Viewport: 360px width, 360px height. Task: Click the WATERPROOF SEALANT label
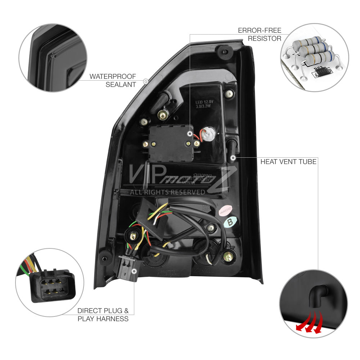click(113, 81)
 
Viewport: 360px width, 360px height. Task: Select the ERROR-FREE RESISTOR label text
click(260, 34)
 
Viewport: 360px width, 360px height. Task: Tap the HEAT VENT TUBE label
click(288, 162)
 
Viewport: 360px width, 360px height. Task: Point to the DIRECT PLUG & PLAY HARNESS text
click(103, 315)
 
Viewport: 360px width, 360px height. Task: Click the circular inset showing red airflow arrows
click(314, 304)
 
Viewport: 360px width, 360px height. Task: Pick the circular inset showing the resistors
click(314, 57)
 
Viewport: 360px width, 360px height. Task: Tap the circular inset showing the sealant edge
click(53, 58)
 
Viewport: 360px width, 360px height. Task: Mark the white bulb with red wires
click(207, 134)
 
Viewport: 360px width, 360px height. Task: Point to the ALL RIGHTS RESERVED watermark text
click(167, 192)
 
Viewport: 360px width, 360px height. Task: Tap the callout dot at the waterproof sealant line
click(145, 81)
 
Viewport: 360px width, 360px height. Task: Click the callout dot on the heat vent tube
click(233, 158)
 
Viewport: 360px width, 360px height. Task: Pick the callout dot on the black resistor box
click(190, 134)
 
